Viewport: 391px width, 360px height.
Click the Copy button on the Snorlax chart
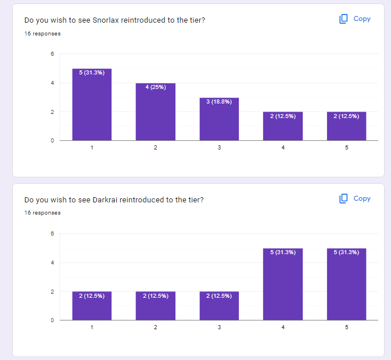[355, 19]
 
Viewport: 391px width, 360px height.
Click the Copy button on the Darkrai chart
[355, 198]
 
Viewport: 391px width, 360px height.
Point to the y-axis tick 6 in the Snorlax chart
[52, 54]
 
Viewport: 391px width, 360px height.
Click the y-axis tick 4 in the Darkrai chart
[52, 263]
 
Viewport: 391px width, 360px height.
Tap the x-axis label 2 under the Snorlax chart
[156, 148]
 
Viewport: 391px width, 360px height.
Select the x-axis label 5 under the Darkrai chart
[347, 327]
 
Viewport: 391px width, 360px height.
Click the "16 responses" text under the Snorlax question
[42, 33]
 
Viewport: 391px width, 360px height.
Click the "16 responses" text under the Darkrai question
[42, 213]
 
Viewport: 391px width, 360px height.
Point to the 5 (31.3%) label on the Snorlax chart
[92, 73]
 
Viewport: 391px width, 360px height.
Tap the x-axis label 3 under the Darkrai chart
[219, 327]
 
